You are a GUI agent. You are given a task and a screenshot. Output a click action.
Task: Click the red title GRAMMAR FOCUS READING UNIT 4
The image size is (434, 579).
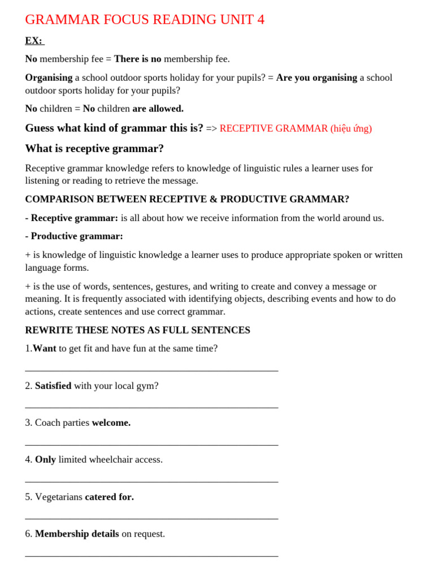[145, 20]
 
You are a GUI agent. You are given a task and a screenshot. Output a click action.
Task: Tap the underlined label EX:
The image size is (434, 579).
[34, 41]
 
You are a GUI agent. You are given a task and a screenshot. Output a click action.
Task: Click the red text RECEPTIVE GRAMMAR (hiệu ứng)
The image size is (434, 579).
[296, 128]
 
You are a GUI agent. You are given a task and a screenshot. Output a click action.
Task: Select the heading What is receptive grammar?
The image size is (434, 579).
[94, 149]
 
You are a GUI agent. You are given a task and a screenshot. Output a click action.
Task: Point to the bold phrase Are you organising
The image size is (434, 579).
[316, 77]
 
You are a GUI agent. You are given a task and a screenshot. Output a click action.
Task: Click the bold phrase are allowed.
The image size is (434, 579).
[158, 109]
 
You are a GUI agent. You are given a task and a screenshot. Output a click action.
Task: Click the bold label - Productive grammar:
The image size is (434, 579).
[74, 236]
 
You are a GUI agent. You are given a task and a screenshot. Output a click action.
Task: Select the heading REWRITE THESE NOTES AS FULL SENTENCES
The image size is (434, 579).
[137, 330]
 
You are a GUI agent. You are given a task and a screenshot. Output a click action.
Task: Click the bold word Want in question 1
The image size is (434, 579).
[44, 348]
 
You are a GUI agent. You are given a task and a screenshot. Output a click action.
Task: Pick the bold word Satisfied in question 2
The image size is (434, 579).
[53, 386]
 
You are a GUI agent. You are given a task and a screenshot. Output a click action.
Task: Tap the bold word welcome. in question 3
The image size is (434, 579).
[111, 422]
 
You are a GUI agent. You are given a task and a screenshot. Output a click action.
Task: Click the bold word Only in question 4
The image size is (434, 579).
[45, 460]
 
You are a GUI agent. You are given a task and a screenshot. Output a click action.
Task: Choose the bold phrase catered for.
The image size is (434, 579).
[109, 497]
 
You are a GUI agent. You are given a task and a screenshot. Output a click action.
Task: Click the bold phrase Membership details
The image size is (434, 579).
[77, 534]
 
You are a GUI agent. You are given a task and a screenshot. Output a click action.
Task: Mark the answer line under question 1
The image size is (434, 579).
[151, 370]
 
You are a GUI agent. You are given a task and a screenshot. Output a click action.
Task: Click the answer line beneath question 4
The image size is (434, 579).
[151, 482]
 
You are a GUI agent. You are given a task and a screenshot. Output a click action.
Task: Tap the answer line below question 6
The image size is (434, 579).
[151, 556]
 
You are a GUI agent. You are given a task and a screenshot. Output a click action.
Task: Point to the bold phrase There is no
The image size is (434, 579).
[137, 59]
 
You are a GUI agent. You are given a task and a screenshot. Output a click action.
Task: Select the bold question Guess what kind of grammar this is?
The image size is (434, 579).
[114, 128]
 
